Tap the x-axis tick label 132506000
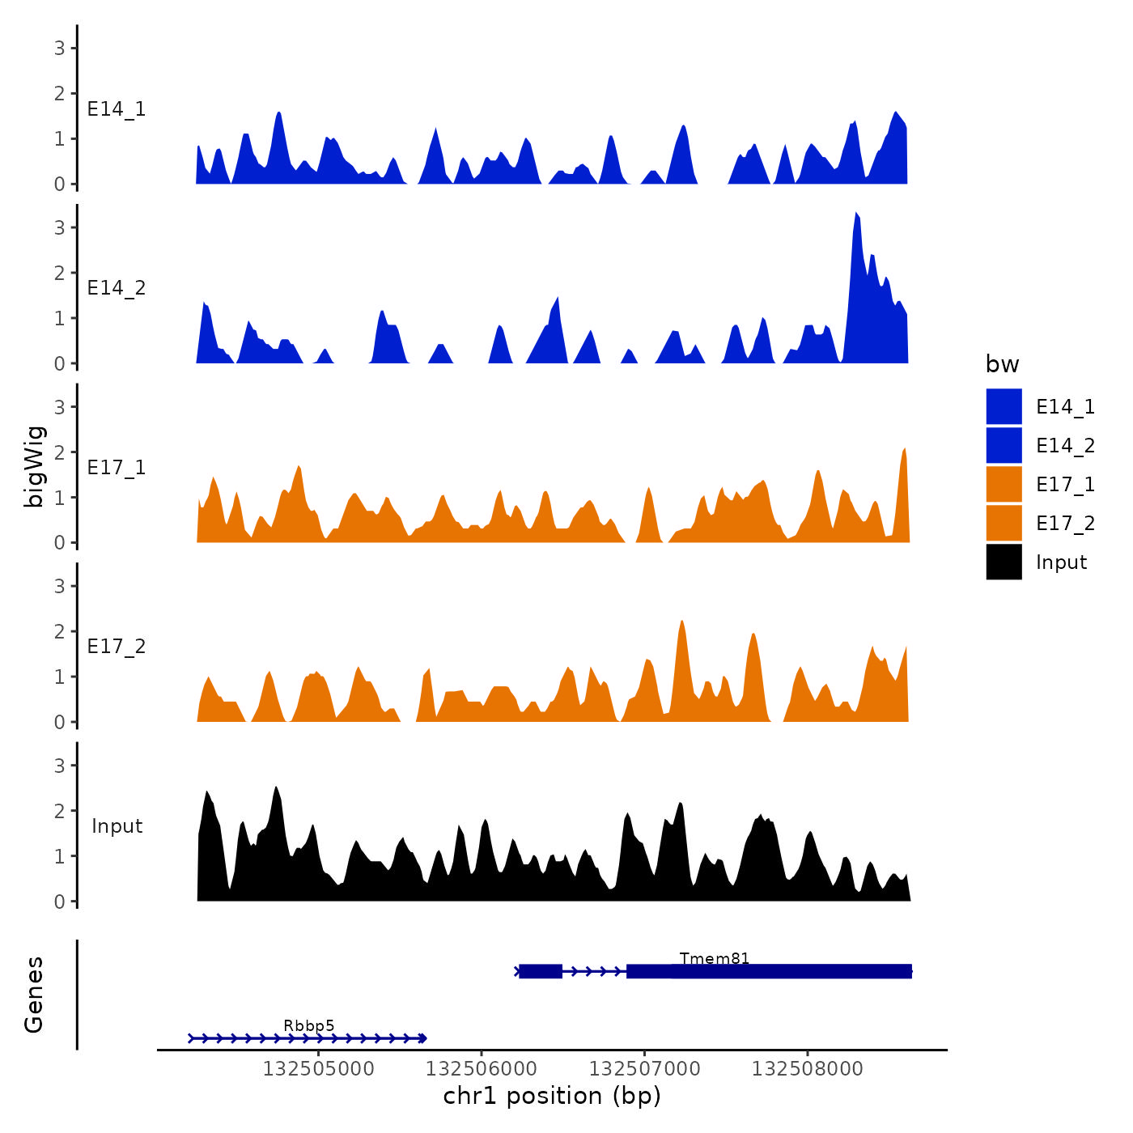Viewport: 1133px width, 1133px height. tap(482, 1068)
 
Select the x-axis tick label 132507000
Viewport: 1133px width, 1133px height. tap(644, 1068)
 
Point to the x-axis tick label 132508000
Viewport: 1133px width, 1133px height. tap(807, 1068)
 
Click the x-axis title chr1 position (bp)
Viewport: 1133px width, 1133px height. tap(552, 1096)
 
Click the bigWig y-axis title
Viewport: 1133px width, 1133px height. tap(34, 466)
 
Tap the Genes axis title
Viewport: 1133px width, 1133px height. tap(34, 995)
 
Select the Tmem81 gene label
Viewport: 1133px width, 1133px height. tap(715, 958)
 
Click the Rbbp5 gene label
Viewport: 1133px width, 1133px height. tap(308, 1025)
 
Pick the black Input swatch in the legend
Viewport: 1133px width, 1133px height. tap(1004, 562)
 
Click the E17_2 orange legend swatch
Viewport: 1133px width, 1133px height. tap(1004, 523)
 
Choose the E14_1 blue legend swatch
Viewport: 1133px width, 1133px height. tap(1004, 406)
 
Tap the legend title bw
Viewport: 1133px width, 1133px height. tap(1002, 364)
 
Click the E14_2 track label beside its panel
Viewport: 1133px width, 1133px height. tap(117, 288)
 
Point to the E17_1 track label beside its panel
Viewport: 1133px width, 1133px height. tap(117, 467)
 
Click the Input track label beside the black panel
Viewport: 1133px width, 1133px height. tap(117, 826)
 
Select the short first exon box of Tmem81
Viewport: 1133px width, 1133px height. tap(540, 971)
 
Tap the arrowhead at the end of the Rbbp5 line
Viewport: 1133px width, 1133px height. tap(422, 1038)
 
